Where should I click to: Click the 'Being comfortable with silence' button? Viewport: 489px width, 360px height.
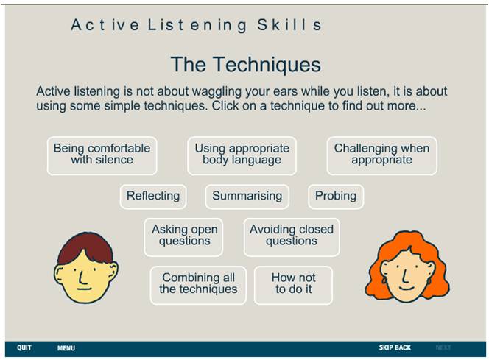(x=102, y=156)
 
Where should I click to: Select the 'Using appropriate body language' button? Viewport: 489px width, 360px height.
(x=242, y=156)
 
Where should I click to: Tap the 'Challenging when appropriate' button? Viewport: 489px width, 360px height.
(x=381, y=156)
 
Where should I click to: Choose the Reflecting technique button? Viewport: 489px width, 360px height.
(x=153, y=197)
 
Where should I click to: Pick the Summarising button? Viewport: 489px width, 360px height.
(x=247, y=197)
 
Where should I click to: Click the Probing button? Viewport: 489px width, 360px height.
(x=336, y=197)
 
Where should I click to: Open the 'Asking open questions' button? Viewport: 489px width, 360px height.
(x=183, y=237)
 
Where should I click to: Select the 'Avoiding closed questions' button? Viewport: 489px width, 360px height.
(x=292, y=237)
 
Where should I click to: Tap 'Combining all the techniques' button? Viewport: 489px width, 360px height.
(x=198, y=285)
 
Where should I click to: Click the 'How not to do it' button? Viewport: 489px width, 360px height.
(x=293, y=285)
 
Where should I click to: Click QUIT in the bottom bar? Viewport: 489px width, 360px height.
(x=24, y=347)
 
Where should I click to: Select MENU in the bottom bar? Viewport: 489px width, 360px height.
(x=66, y=348)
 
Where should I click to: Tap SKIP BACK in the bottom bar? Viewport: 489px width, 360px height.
(x=395, y=347)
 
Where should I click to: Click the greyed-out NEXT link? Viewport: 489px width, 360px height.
(x=443, y=347)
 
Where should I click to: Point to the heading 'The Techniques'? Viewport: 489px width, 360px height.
(x=246, y=64)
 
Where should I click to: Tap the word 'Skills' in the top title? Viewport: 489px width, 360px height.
(x=289, y=25)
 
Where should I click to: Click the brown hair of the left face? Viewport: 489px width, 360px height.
(x=85, y=246)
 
